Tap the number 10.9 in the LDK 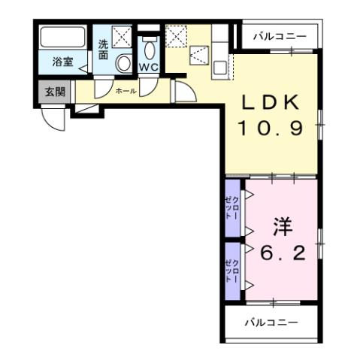[271, 128]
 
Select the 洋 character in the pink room [282, 226]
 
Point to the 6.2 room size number [282, 254]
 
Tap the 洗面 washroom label [103, 50]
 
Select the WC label [147, 67]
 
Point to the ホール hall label [126, 90]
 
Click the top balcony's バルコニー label [279, 35]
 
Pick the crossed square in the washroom [121, 36]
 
